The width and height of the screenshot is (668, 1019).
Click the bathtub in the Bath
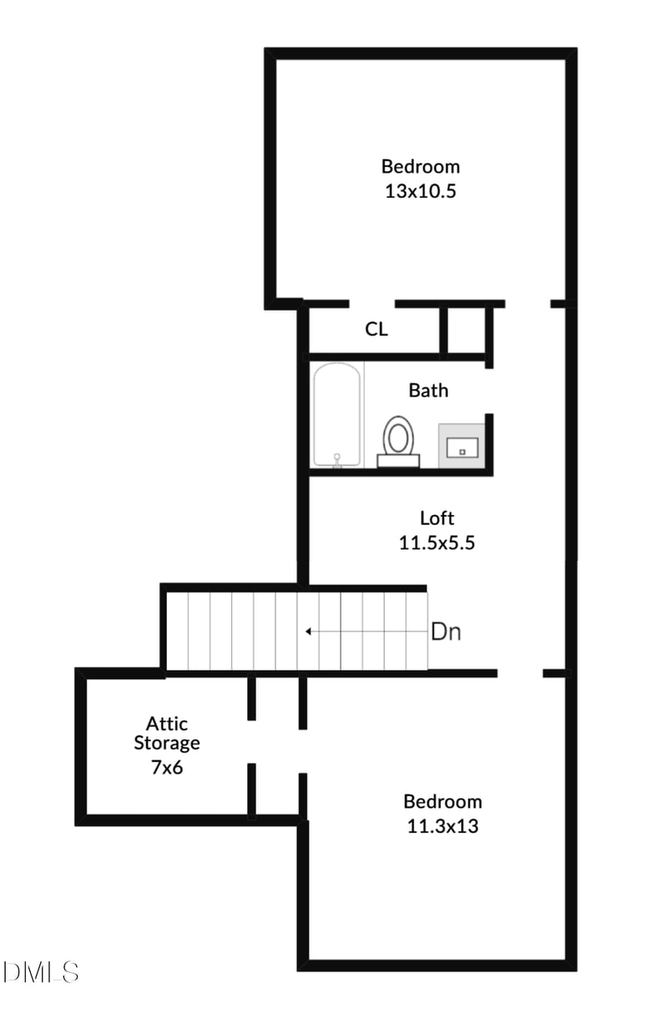[337, 415]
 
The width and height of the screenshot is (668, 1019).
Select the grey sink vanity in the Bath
[461, 446]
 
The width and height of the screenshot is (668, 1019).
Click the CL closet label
[377, 330]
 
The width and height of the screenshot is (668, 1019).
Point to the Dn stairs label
[445, 632]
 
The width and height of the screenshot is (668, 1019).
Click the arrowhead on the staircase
[309, 632]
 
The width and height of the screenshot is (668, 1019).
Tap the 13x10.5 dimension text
[420, 191]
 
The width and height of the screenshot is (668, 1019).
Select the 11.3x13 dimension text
[443, 827]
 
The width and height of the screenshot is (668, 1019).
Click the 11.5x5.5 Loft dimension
[437, 542]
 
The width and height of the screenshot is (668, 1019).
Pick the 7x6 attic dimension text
[167, 767]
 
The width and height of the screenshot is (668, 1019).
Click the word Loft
[437, 518]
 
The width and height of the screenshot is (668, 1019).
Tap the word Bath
[428, 390]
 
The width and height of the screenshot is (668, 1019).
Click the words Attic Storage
[167, 733]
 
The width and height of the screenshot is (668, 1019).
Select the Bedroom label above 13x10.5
[420, 166]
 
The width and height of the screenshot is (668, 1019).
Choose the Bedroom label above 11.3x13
[443, 802]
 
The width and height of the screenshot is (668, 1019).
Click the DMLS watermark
[40, 971]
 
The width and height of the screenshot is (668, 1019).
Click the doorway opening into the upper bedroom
[372, 304]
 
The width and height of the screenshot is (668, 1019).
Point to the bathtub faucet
[337, 458]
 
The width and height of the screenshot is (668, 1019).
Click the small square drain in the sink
[462, 451]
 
